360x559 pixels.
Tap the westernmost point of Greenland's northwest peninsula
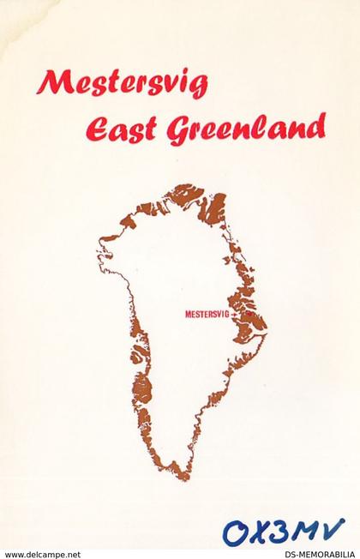point(97,250)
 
